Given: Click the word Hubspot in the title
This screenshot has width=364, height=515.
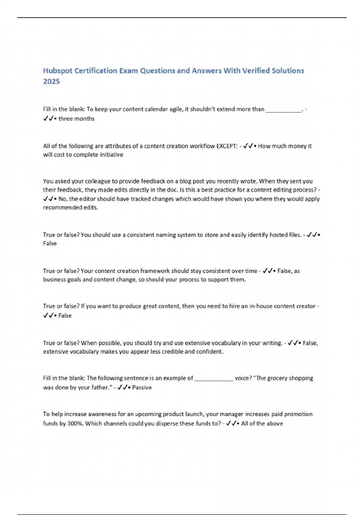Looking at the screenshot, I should click(x=58, y=71).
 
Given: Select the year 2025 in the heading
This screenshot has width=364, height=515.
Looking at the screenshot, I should click(x=51, y=81).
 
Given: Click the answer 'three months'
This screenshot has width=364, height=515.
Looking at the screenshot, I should click(x=76, y=119).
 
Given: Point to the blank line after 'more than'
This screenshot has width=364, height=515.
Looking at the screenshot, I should click(x=284, y=110).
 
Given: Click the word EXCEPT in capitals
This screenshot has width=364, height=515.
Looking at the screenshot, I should click(x=227, y=146).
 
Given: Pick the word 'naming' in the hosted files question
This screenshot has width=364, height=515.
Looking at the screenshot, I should click(x=166, y=235).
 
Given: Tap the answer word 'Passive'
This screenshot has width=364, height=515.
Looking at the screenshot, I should click(x=142, y=387).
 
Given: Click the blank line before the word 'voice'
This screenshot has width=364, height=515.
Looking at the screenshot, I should click(x=214, y=378).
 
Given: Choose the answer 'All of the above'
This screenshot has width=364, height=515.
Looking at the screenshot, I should click(x=262, y=423).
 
